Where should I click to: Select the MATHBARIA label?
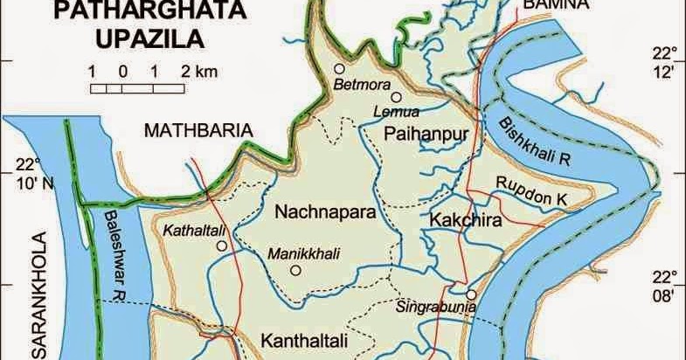pyautogui.click(x=198, y=130)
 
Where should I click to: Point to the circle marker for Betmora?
pyautogui.click(x=339, y=68)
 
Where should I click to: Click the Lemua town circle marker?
pyautogui.click(x=396, y=98)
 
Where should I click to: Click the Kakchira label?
pyautogui.click(x=463, y=220)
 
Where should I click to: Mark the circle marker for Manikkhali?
pyautogui.click(x=294, y=271)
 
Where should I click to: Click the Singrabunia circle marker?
pyautogui.click(x=471, y=295)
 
